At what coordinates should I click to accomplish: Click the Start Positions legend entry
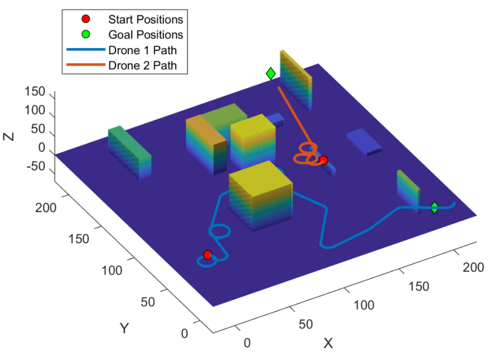(x=145, y=20)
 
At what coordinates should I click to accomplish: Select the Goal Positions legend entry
(x=145, y=35)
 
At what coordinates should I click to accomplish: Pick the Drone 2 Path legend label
(x=142, y=64)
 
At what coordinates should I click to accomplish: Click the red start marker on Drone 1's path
(x=207, y=254)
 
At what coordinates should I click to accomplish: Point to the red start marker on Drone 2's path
(x=323, y=161)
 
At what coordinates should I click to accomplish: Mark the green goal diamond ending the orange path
(x=271, y=74)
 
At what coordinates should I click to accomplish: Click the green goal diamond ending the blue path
(x=435, y=207)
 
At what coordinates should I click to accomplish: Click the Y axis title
(x=124, y=328)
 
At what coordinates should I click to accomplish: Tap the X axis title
(x=328, y=344)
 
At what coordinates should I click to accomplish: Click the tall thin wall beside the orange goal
(x=295, y=79)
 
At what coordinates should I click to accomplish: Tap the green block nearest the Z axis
(x=129, y=152)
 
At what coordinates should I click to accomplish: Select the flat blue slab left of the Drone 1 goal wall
(x=364, y=141)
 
